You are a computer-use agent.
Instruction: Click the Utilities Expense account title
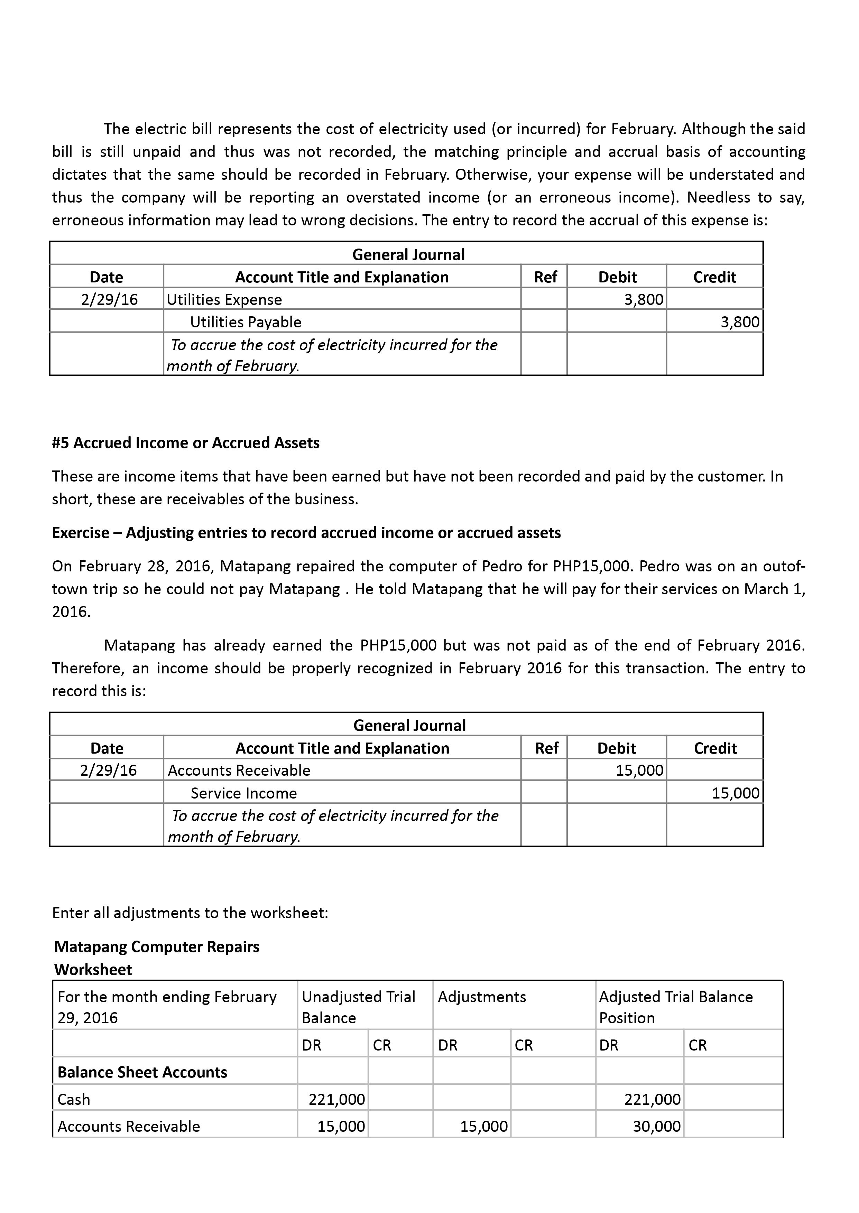tap(224, 300)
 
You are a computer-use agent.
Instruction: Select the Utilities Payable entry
tap(246, 322)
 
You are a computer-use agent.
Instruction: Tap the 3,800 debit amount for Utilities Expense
tap(643, 300)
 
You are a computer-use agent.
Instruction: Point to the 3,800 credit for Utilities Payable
tap(739, 322)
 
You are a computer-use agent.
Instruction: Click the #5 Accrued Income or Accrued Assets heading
tap(186, 442)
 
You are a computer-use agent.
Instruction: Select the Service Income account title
tap(243, 793)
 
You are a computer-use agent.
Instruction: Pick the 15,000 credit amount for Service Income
tap(735, 793)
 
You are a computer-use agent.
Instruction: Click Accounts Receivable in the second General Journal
tap(239, 771)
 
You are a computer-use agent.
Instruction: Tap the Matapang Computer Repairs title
tap(157, 946)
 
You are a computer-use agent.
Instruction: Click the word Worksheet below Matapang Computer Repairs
tap(93, 969)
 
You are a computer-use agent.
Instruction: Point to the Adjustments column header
tap(482, 997)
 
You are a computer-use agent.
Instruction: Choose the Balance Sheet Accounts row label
tap(142, 1072)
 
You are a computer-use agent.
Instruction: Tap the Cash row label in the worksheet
tap(74, 1099)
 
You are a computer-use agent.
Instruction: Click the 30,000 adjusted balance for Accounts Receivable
tap(656, 1126)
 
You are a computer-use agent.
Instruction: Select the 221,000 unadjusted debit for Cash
tap(336, 1099)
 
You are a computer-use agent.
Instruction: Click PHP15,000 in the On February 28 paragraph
tap(591, 566)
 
